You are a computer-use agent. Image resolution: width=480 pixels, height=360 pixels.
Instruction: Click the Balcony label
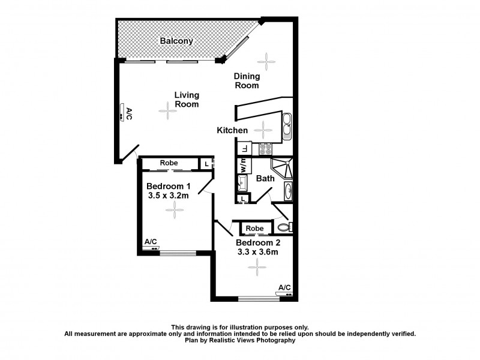tap(176, 41)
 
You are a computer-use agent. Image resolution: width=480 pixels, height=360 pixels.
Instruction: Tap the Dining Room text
tap(247, 80)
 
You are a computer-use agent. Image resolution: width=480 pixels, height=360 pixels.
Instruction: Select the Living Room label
tap(187, 100)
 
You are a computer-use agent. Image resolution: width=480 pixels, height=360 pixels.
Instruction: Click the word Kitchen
tap(232, 130)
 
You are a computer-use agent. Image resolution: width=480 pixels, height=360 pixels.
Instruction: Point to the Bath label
tap(265, 178)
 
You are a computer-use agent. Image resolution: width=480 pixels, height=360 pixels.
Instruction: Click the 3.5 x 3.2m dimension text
tap(169, 196)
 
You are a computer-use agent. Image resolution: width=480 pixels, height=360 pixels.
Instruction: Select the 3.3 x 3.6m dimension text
tap(257, 252)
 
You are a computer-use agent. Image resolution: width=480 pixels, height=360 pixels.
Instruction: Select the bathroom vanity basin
tap(287, 191)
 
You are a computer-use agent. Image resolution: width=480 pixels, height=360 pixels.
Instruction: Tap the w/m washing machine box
tap(244, 166)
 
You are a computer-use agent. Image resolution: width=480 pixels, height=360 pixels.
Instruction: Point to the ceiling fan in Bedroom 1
tap(175, 209)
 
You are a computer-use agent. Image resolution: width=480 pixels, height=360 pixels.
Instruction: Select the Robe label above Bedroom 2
tap(255, 229)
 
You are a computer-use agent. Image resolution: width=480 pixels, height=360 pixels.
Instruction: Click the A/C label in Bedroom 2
tap(284, 287)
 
